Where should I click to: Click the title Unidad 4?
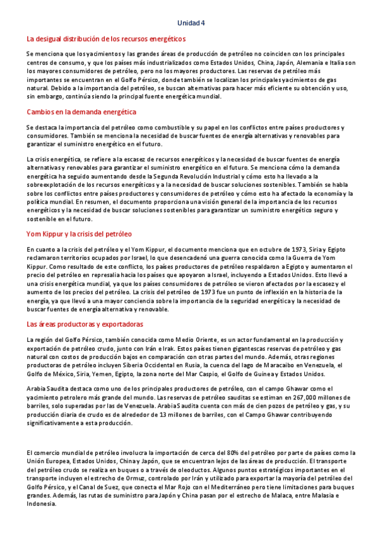coord(191,23)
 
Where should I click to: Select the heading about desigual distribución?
coord(106,39)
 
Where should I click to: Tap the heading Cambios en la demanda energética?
coord(81,112)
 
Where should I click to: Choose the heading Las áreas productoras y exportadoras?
coord(85,324)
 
